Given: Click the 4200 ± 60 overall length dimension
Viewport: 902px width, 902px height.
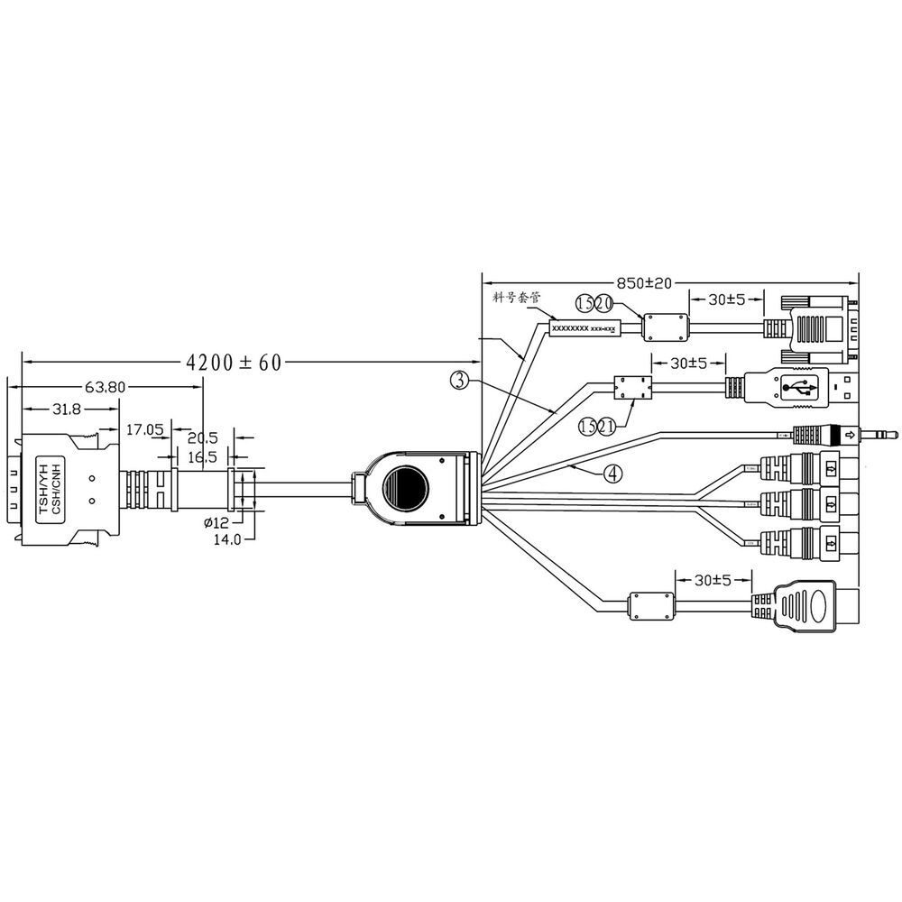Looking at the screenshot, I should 234,363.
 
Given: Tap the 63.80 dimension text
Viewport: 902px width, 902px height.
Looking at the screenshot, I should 105,388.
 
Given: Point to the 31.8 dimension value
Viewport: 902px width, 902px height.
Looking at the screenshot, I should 64,409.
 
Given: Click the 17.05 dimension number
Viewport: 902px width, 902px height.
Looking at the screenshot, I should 143,430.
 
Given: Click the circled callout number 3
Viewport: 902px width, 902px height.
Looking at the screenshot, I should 459,381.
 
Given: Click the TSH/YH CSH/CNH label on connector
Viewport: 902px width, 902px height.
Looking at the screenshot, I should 51,488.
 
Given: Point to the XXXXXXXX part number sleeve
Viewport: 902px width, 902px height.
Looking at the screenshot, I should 584,328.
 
